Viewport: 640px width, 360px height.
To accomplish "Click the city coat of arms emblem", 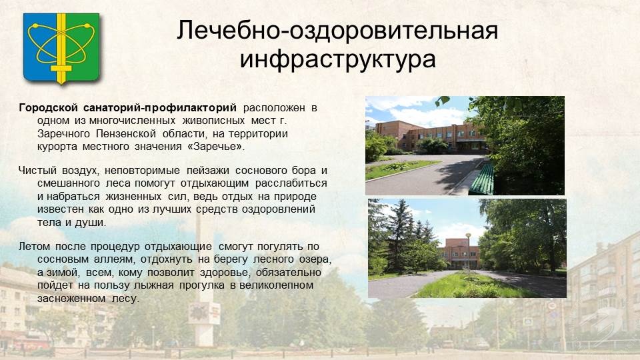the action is coord(61,48).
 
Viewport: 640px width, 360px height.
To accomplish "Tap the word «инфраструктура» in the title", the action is coord(337,59).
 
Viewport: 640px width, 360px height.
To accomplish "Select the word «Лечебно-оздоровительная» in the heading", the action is coord(337,30).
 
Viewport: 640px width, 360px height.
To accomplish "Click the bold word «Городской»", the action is coord(48,108).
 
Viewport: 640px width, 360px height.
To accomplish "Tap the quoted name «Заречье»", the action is coord(214,147).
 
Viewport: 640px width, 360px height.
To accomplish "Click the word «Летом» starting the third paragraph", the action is coord(34,247).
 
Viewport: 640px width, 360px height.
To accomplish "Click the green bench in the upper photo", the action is coord(481,179).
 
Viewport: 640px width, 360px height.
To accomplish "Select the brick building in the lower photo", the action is coord(458,253).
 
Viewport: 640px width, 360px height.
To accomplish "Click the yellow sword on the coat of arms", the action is coord(61,48).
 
